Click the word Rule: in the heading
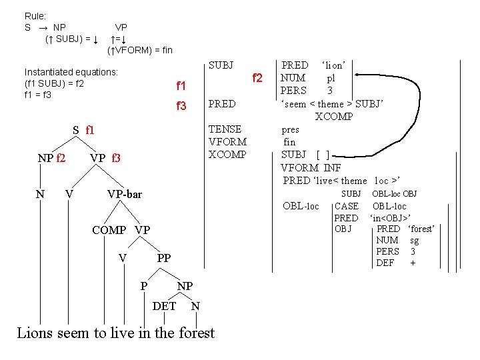[35, 15]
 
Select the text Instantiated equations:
[71, 71]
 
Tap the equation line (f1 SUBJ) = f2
[53, 83]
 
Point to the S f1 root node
[84, 129]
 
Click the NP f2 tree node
[51, 158]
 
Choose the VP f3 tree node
[105, 158]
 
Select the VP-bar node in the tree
[125, 194]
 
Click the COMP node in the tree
[109, 230]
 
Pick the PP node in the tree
[164, 258]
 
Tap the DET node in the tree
[165, 306]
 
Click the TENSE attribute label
[225, 129]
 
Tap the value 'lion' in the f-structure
[333, 65]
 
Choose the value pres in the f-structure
[291, 130]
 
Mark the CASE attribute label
[346, 206]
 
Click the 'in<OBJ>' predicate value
[390, 218]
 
